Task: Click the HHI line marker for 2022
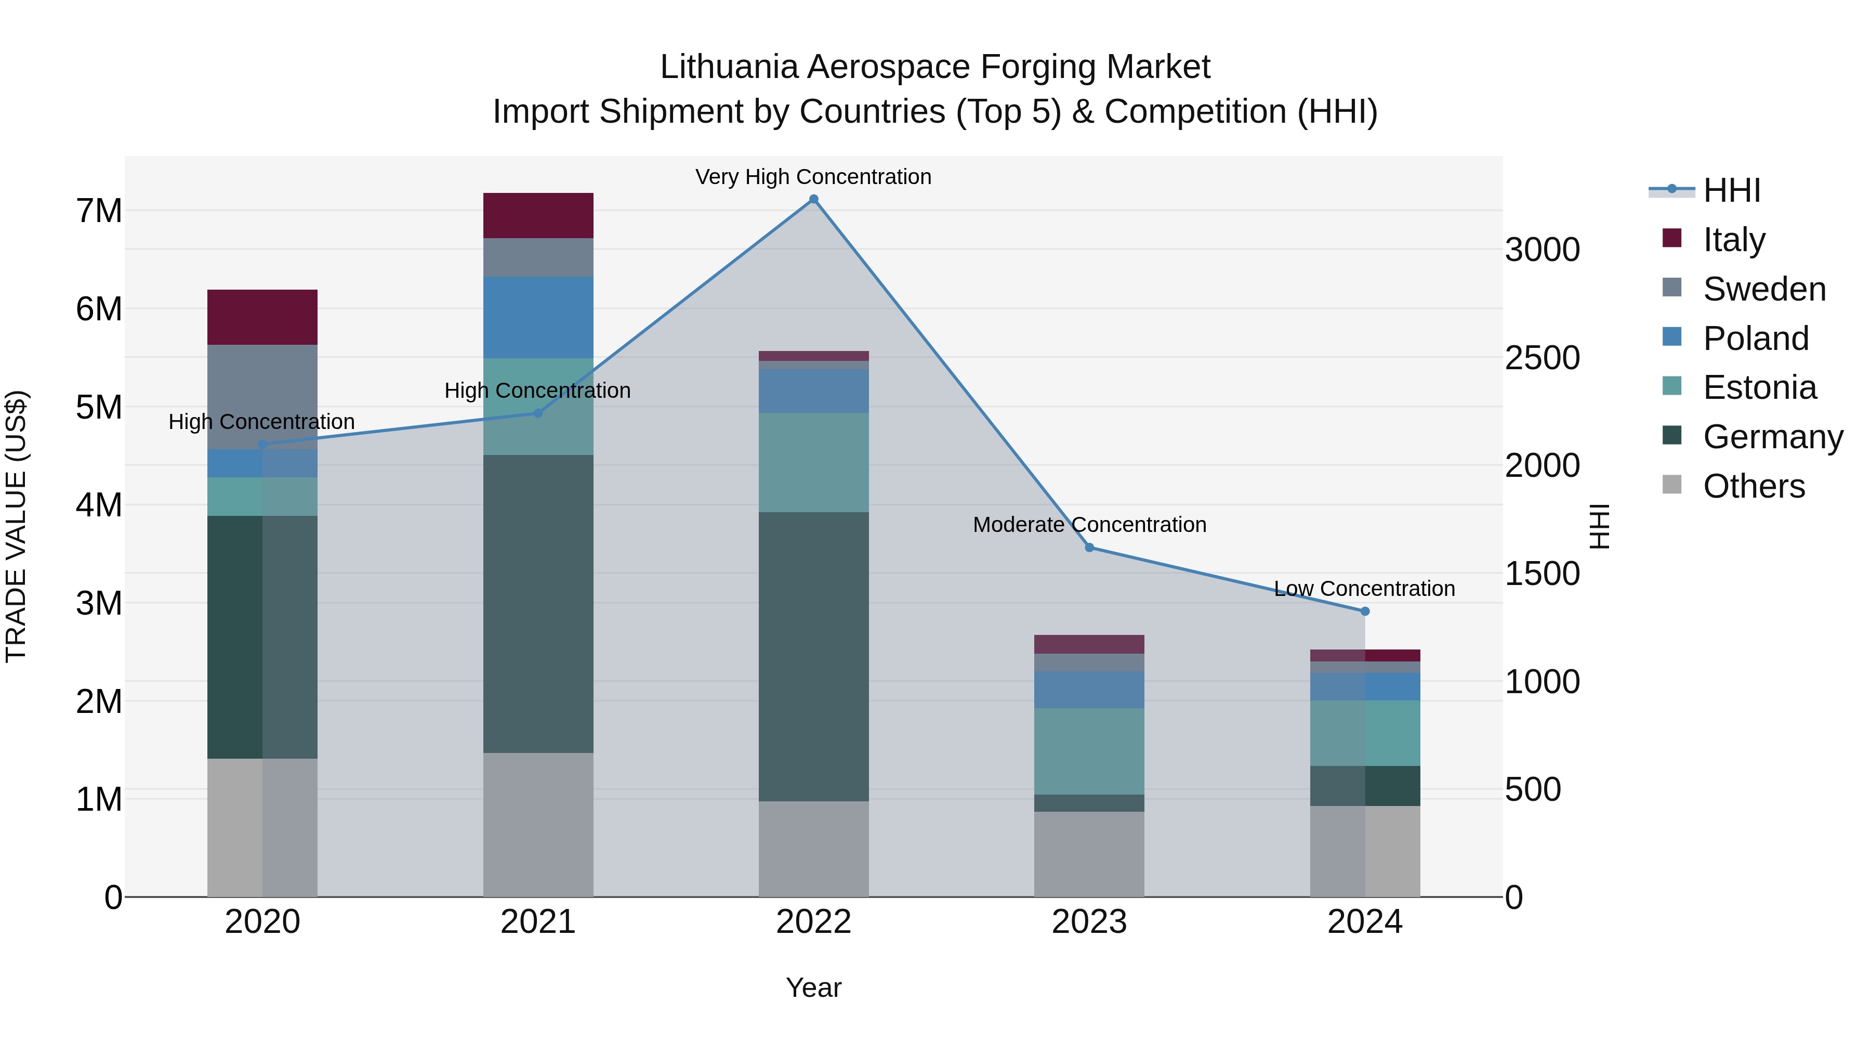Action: (x=813, y=199)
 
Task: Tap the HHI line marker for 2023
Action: (x=1089, y=547)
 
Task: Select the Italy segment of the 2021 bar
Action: (x=538, y=215)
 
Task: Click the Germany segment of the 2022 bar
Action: (x=813, y=656)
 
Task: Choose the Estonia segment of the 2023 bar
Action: (x=1089, y=751)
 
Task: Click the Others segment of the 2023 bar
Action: (x=1089, y=854)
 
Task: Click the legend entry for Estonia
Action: (x=1759, y=387)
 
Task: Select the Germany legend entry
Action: (x=1772, y=437)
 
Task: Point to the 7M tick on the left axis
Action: (x=99, y=211)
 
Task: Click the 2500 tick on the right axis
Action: (x=1541, y=358)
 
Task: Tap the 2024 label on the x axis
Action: (x=1365, y=922)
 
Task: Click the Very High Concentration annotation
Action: (x=813, y=177)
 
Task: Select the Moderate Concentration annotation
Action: (x=1089, y=524)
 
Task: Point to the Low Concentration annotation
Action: (x=1364, y=588)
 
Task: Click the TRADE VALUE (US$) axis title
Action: (x=17, y=526)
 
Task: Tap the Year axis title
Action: (x=813, y=987)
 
